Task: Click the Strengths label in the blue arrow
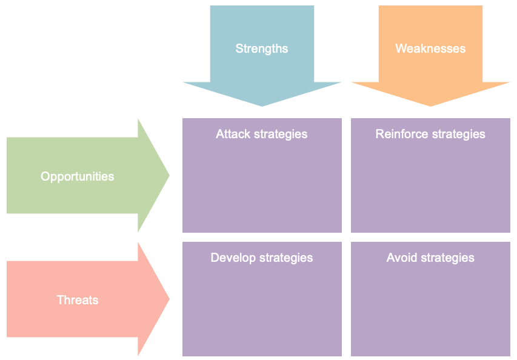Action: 262,48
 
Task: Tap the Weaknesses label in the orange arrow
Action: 430,48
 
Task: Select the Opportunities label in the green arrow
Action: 77,176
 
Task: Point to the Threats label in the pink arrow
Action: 77,300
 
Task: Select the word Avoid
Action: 401,258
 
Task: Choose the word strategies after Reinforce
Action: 458,134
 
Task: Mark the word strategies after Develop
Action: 286,258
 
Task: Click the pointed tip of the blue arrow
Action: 262,104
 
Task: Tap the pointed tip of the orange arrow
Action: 430,104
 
